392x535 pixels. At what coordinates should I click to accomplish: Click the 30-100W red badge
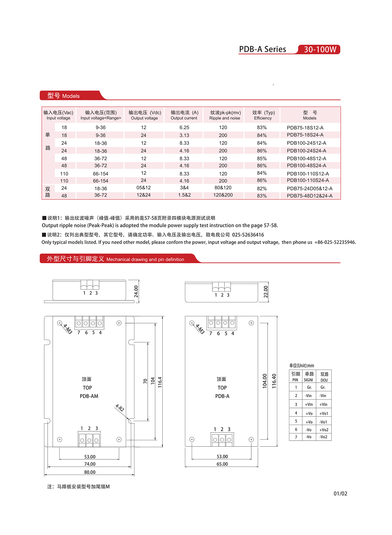(x=320, y=49)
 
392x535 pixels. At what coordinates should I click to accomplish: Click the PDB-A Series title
(x=262, y=49)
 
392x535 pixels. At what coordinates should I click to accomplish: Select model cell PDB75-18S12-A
(x=305, y=128)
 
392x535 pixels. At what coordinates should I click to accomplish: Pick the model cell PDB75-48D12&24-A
(x=309, y=196)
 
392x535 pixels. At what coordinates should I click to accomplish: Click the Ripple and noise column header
(x=225, y=115)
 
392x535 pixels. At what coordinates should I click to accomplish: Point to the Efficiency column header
(x=263, y=115)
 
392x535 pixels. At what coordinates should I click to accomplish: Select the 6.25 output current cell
(x=184, y=128)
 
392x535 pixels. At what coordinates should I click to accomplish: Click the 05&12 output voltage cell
(x=144, y=188)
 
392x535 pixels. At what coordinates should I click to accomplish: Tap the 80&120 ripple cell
(x=223, y=188)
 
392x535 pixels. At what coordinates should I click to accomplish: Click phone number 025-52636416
(x=248, y=235)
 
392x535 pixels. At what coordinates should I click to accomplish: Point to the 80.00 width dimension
(x=90, y=472)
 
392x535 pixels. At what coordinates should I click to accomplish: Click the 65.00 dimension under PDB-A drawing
(x=222, y=464)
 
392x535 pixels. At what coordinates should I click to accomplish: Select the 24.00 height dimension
(x=136, y=291)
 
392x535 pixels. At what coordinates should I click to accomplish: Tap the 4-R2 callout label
(x=120, y=408)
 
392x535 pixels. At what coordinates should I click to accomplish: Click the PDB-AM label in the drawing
(x=89, y=396)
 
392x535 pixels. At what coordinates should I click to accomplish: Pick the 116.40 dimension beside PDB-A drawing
(x=274, y=381)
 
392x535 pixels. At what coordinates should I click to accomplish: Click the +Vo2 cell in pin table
(x=323, y=430)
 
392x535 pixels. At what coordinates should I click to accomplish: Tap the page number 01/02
(x=340, y=494)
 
